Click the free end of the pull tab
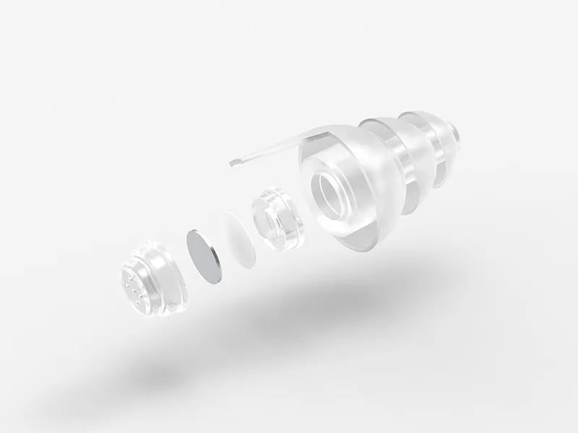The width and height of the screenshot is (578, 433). pos(233,162)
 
